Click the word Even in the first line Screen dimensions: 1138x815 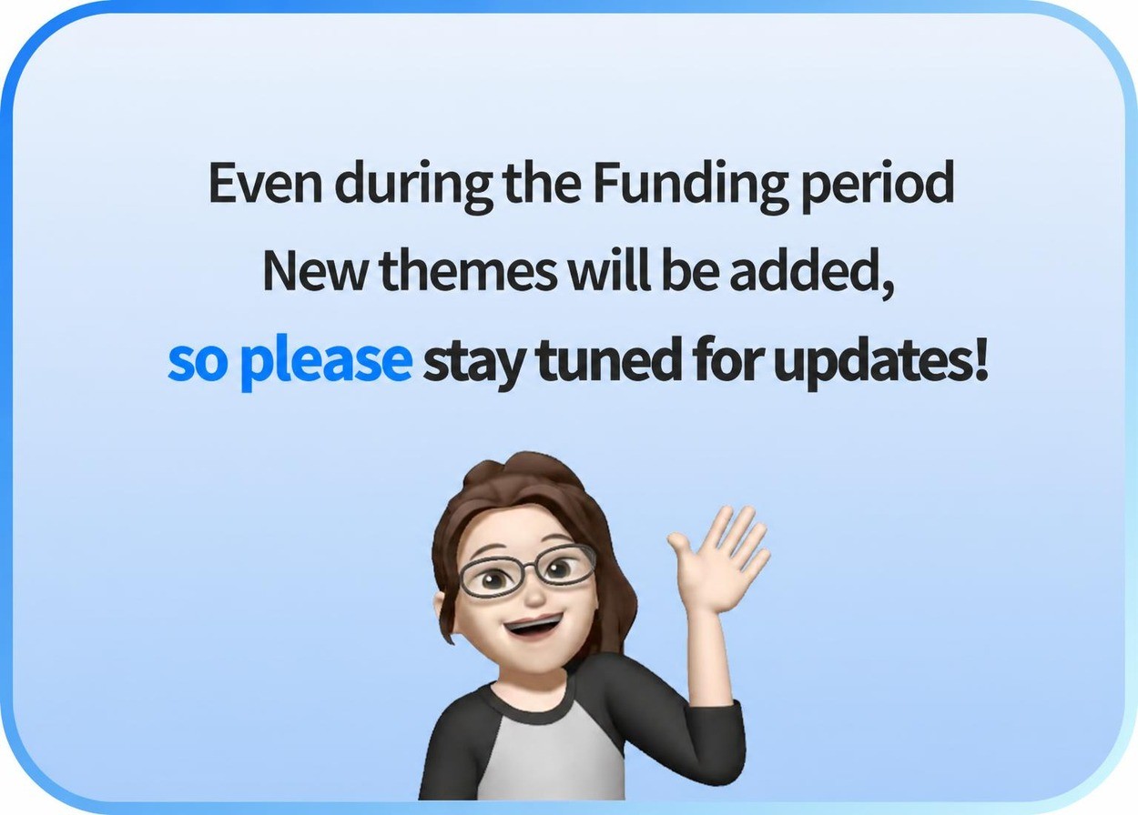point(265,183)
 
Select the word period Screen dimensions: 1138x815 point(877,186)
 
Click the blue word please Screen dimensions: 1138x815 point(326,361)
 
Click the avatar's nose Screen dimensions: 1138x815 point(534,594)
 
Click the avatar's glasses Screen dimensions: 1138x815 point(527,572)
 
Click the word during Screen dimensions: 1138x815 point(413,186)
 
